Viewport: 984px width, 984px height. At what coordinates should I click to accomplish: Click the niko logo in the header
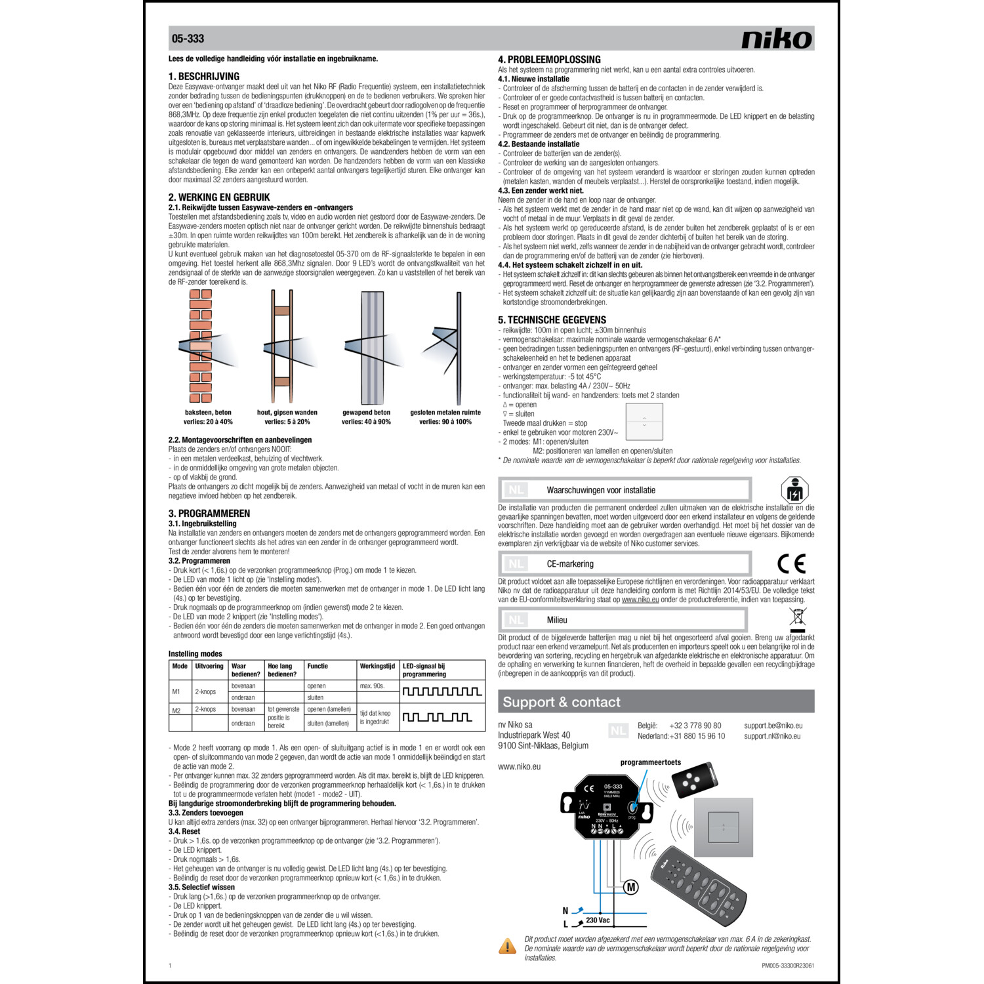[777, 39]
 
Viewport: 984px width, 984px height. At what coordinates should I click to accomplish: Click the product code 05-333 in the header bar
[188, 39]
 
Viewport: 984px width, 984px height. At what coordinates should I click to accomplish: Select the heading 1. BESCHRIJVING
[204, 76]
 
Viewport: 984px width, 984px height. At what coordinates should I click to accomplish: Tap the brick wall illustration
[201, 346]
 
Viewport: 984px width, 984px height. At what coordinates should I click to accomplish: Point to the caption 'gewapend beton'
[366, 413]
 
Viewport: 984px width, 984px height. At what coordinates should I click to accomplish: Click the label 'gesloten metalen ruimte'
[445, 413]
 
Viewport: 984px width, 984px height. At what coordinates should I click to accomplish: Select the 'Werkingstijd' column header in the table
[377, 666]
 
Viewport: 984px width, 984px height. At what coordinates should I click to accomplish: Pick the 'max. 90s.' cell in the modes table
[372, 686]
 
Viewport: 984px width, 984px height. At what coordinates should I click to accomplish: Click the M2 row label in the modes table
[176, 710]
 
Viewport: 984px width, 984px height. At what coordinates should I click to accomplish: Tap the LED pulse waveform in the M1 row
[441, 691]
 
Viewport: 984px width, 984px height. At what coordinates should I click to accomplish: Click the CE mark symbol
[791, 564]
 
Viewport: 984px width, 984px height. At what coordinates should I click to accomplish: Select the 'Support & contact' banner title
[561, 702]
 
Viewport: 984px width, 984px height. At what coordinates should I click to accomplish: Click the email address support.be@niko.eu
[773, 726]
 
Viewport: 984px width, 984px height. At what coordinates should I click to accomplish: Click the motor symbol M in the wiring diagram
[630, 888]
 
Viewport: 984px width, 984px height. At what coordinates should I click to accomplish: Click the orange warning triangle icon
[507, 947]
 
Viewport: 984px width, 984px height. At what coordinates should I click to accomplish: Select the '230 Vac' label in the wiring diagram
[598, 920]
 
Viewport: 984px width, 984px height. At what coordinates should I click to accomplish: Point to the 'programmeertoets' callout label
[650, 762]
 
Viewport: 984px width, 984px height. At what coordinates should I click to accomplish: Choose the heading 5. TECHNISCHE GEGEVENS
[552, 320]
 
